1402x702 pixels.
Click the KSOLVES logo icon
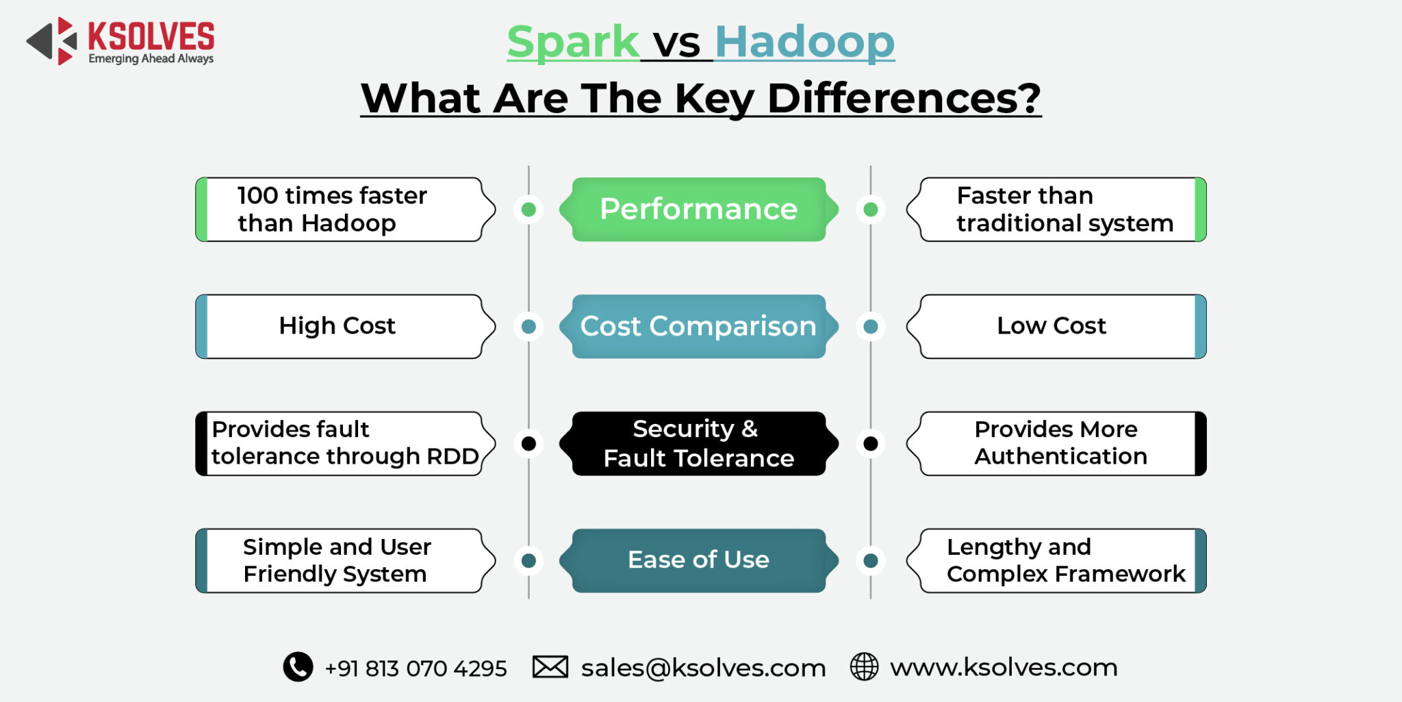(x=52, y=41)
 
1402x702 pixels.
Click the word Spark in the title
(x=573, y=42)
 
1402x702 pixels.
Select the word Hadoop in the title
(x=804, y=42)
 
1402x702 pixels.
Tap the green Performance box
(x=698, y=209)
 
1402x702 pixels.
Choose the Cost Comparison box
(x=698, y=326)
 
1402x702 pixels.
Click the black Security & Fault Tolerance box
(x=698, y=443)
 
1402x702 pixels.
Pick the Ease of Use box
(x=698, y=560)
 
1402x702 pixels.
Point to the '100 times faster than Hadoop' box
(x=342, y=209)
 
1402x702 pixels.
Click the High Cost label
(x=337, y=326)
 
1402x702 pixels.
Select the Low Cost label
(x=1051, y=326)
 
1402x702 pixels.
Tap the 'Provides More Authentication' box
(x=1060, y=443)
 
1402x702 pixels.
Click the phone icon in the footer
(x=298, y=666)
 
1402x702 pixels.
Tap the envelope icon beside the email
(x=550, y=666)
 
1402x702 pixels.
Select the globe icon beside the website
(x=864, y=666)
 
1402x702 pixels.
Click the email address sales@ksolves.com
(x=703, y=668)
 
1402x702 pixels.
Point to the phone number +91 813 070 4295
(x=416, y=668)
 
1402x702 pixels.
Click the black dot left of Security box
(x=528, y=443)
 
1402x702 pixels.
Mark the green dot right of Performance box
(x=870, y=209)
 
